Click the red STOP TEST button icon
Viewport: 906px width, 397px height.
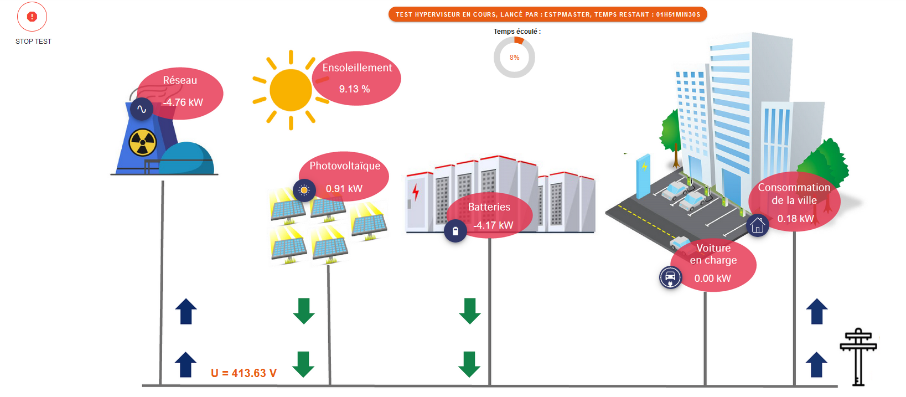point(32,17)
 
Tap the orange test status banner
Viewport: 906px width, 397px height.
point(547,14)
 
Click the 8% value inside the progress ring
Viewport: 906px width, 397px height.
point(514,58)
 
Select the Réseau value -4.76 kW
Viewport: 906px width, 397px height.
point(183,102)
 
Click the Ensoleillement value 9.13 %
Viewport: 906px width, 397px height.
point(354,89)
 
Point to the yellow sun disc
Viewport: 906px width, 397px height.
point(291,90)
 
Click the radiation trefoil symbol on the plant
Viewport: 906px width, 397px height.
point(143,143)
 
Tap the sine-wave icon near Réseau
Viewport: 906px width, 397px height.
point(142,109)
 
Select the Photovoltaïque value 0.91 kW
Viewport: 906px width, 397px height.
point(344,189)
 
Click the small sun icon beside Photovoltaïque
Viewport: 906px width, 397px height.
point(304,190)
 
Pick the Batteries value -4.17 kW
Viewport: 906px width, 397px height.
point(493,225)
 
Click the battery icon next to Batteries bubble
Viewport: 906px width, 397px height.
point(455,231)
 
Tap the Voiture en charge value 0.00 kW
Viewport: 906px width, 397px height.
point(712,279)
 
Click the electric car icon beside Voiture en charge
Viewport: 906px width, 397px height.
point(670,277)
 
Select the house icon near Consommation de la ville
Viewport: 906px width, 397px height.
point(757,225)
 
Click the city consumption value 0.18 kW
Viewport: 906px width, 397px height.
point(795,219)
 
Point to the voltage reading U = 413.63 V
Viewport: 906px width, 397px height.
point(244,373)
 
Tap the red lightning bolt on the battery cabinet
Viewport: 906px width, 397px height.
point(416,192)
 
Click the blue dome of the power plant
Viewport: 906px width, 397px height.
point(187,158)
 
